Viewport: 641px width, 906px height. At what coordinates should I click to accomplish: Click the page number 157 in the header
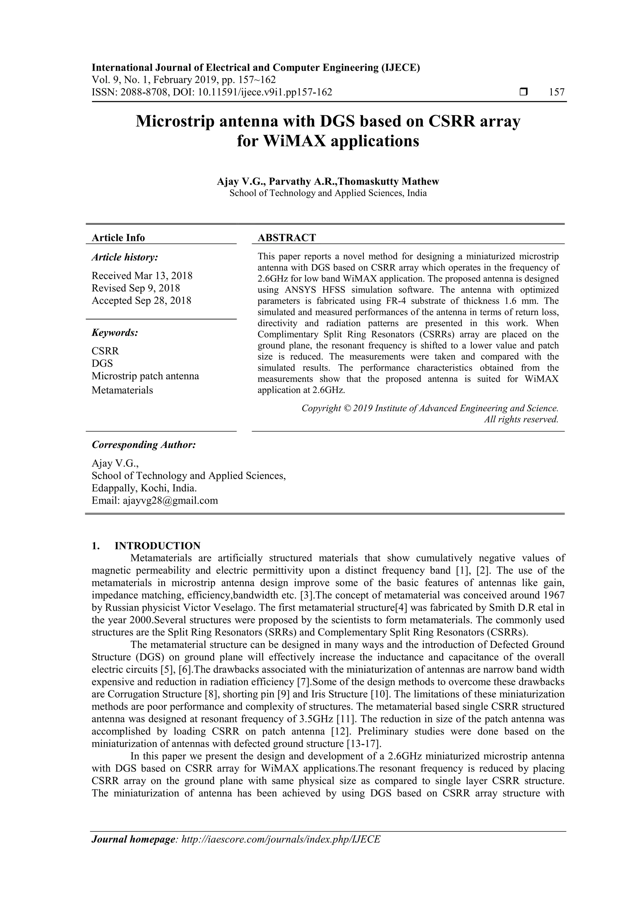pyautogui.click(x=556, y=92)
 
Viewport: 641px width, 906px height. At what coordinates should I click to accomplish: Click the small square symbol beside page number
pyautogui.click(x=523, y=92)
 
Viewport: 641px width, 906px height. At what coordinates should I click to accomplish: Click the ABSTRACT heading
pyautogui.click(x=287, y=237)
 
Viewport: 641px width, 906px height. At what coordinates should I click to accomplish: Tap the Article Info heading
pyautogui.click(x=118, y=237)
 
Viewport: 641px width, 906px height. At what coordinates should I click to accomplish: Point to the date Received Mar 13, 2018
pyautogui.click(x=142, y=275)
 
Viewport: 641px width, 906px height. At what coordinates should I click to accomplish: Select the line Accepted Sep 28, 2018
pyautogui.click(x=141, y=301)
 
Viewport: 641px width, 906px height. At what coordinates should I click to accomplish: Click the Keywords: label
pyautogui.click(x=115, y=333)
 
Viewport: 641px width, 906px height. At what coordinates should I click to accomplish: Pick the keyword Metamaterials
pyautogui.click(x=122, y=390)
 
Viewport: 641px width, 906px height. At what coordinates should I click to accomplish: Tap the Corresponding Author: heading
pyautogui.click(x=144, y=445)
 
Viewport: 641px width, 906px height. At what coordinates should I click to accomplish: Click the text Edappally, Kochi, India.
pyautogui.click(x=144, y=488)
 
